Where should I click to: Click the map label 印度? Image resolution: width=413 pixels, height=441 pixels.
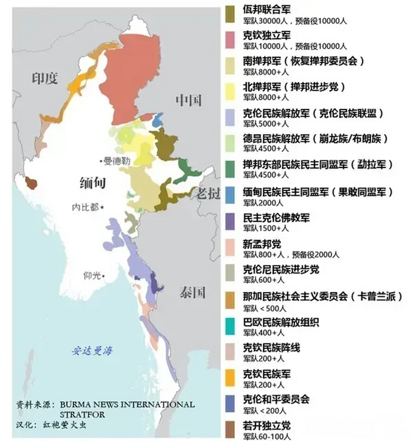click(45, 79)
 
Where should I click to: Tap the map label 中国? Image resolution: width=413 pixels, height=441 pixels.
click(188, 100)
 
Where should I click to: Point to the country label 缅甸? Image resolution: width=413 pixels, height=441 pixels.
click(93, 183)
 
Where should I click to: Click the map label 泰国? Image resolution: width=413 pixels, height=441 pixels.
click(192, 293)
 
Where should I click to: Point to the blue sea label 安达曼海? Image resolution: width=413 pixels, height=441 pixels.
click(92, 351)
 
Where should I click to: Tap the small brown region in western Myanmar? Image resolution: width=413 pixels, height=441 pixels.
click(31, 183)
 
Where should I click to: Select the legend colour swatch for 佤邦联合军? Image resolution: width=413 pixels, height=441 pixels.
click(230, 14)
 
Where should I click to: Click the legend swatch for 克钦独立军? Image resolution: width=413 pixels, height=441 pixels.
click(230, 40)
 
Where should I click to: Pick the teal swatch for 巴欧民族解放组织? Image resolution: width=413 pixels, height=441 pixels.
click(230, 326)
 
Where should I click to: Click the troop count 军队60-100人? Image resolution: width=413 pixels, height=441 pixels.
click(266, 437)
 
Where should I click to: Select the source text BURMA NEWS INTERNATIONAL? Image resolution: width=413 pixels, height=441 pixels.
click(127, 404)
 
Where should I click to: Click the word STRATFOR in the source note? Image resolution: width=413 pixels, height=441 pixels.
click(82, 414)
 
